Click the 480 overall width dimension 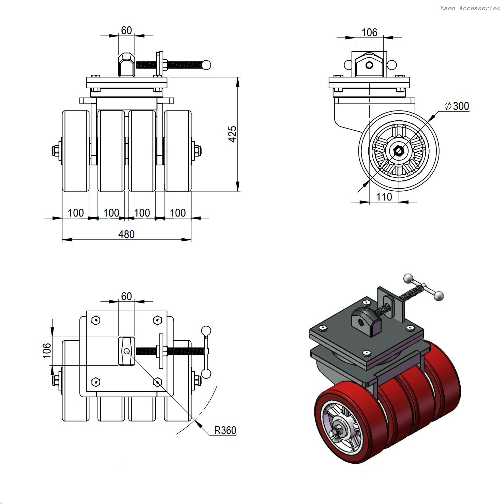(x=126, y=234)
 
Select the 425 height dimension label (x=233, y=134)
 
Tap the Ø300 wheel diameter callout (x=457, y=106)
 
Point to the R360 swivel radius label (x=225, y=430)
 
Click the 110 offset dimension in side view (x=384, y=197)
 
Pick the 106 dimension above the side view (x=369, y=32)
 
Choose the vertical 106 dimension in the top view (x=47, y=351)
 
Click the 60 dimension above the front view (x=126, y=30)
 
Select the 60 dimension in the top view (x=126, y=296)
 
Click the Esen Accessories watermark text (x=470, y=8)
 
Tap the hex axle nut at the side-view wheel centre (x=398, y=150)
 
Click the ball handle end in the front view (x=206, y=65)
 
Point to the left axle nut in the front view (x=56, y=150)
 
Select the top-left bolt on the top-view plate (x=96, y=320)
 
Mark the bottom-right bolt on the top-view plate (x=157, y=382)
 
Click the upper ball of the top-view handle (x=206, y=331)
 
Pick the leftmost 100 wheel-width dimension (x=76, y=213)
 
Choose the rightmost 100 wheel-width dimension (x=178, y=213)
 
